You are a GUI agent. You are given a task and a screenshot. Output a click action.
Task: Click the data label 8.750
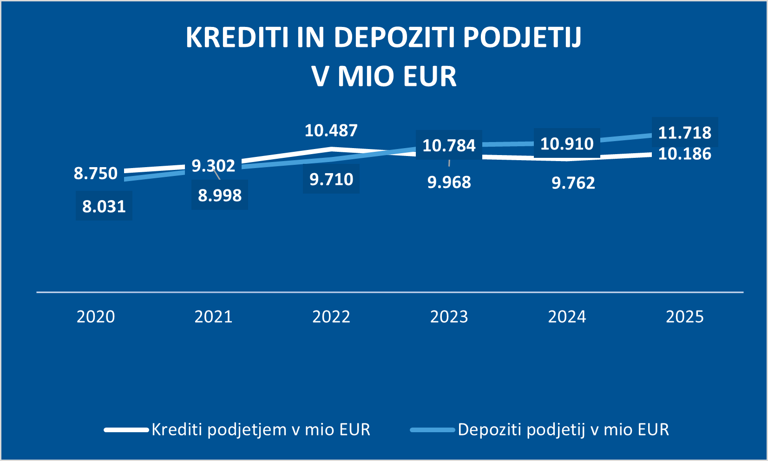click(96, 174)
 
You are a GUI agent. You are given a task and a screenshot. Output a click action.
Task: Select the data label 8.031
click(104, 207)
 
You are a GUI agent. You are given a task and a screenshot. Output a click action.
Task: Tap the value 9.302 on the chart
click(213, 166)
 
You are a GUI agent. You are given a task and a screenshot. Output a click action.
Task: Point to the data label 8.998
click(220, 195)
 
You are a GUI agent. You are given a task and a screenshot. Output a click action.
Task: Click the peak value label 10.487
click(331, 131)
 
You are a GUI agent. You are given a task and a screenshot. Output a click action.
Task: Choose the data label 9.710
click(331, 179)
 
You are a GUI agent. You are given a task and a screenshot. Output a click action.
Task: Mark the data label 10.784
click(449, 146)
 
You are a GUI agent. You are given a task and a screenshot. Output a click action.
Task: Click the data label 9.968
click(449, 182)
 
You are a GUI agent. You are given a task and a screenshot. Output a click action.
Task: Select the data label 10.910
click(567, 144)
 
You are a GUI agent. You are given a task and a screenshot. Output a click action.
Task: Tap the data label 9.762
click(573, 183)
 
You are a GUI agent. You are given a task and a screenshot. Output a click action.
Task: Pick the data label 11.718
click(684, 133)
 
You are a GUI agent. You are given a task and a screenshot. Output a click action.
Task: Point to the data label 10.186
click(684, 154)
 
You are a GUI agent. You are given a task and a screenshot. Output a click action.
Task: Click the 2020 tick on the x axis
click(96, 317)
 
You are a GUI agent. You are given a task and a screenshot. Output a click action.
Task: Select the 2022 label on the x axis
click(331, 317)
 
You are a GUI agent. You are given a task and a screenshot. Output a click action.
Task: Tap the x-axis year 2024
click(567, 317)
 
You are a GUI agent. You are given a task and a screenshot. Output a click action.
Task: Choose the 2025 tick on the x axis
click(684, 317)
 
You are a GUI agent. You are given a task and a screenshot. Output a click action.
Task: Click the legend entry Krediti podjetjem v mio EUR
click(261, 429)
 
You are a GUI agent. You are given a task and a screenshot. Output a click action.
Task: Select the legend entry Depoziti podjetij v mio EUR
click(563, 429)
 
